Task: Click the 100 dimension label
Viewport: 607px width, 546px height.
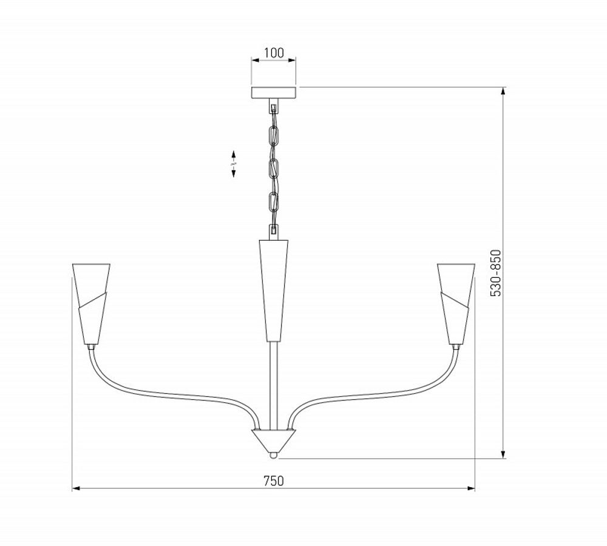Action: click(x=274, y=53)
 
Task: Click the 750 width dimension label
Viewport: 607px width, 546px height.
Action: click(x=274, y=480)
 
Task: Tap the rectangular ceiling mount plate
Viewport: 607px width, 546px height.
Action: click(x=274, y=93)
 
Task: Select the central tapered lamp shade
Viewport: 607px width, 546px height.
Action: click(x=274, y=288)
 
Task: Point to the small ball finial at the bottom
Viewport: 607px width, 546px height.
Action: click(x=274, y=453)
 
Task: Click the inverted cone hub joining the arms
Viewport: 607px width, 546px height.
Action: click(x=274, y=438)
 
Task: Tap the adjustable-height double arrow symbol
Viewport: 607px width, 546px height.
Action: click(x=234, y=164)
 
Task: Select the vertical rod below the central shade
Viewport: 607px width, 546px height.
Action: click(x=274, y=382)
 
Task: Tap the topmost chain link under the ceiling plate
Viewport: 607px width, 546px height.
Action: click(x=274, y=109)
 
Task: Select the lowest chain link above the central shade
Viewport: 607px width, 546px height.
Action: click(x=274, y=231)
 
